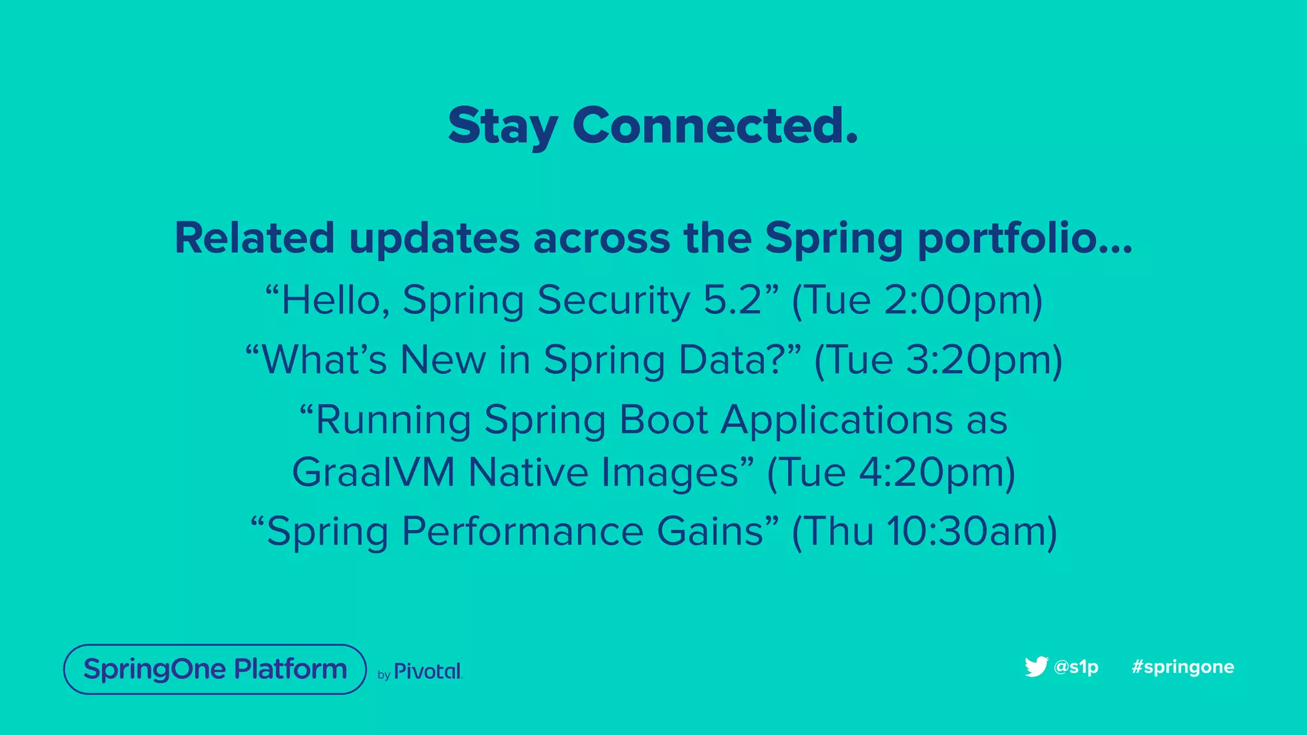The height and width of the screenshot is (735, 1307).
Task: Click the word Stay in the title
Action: [x=503, y=126]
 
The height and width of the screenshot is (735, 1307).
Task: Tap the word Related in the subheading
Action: [x=254, y=238]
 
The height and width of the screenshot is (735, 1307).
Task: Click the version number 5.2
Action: [x=733, y=300]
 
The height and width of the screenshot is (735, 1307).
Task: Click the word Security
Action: [x=613, y=300]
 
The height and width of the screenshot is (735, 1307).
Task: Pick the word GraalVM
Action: [x=373, y=472]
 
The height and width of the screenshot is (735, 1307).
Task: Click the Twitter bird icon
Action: [x=1036, y=666]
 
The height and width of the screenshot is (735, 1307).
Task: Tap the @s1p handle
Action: [x=1076, y=667]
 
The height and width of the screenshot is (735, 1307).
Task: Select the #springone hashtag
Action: [x=1183, y=667]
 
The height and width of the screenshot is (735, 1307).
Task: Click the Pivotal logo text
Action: [x=427, y=671]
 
